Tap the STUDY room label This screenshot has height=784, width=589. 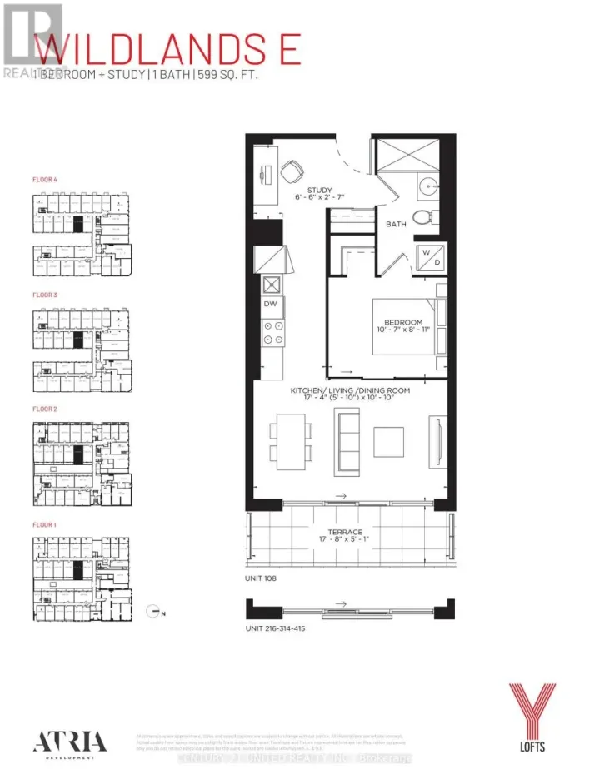click(x=320, y=189)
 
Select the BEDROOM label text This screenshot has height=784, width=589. click(x=402, y=322)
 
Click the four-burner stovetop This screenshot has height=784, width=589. click(x=272, y=335)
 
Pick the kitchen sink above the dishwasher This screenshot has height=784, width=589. click(x=272, y=285)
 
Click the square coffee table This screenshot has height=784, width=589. click(x=388, y=441)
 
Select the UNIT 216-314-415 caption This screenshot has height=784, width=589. click(x=277, y=628)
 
